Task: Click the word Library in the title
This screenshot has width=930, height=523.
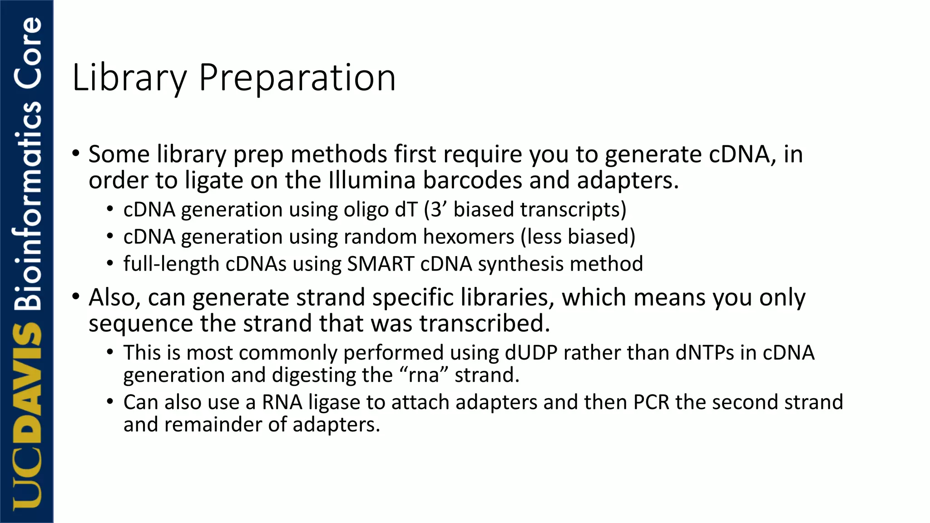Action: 129,78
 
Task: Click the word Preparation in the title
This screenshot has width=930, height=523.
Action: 297,78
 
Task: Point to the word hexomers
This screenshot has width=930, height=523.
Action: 469,237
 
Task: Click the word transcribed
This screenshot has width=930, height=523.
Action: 485,324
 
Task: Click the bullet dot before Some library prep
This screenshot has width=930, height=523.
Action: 76,154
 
